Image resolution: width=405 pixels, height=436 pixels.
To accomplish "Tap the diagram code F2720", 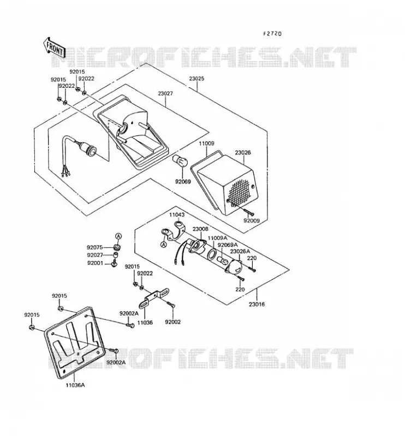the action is click(272, 34).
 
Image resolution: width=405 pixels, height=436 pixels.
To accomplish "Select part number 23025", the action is click(196, 78).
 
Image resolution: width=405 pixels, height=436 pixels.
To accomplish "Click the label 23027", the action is click(165, 93).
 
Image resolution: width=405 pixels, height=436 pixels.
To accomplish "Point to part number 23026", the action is click(242, 153).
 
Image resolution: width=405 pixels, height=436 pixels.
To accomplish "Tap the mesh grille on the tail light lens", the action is click(240, 189).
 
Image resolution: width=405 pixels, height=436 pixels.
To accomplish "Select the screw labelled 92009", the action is click(249, 213).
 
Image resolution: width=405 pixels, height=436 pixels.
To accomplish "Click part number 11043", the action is click(177, 215).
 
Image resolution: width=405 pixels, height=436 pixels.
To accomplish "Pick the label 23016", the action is click(257, 304).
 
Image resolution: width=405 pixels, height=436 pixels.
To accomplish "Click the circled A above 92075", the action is click(118, 237).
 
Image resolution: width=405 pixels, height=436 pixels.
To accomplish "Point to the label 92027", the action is click(95, 255).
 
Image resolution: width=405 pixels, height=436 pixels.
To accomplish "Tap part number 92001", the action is click(95, 263).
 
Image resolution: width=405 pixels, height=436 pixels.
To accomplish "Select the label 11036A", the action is click(75, 385).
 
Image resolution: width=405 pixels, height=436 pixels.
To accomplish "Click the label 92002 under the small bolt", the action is click(172, 322).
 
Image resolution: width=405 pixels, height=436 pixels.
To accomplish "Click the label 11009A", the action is click(218, 238).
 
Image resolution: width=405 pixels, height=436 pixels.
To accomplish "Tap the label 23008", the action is click(200, 229).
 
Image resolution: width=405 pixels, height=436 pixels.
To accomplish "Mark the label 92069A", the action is click(228, 245).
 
